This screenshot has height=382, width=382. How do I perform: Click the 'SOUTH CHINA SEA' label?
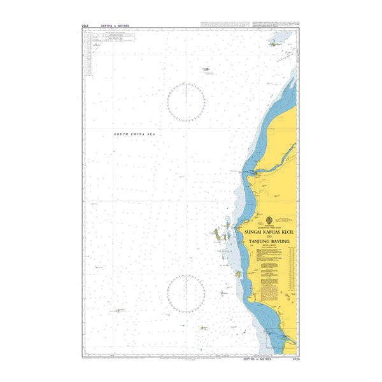click(x=134, y=134)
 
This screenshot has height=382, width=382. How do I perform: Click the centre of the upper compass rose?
click(x=186, y=103)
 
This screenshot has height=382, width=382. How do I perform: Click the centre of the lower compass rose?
click(x=186, y=293)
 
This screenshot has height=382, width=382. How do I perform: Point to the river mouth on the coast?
click(x=255, y=173)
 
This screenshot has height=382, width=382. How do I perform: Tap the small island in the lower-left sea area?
click(x=118, y=310)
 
